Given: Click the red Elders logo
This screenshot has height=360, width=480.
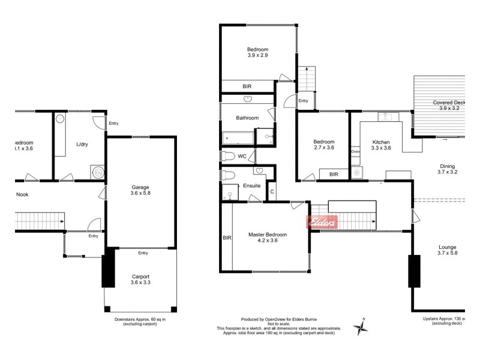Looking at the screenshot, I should click(323, 221).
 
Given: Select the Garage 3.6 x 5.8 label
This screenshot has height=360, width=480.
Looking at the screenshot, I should click(140, 191).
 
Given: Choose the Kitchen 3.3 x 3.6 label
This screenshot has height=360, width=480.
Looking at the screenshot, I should click(381, 144).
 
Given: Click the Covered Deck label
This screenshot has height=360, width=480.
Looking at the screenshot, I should click(449, 106).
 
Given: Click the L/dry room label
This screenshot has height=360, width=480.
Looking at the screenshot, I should click(83, 145).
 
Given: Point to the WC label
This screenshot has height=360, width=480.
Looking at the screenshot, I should click(242, 156).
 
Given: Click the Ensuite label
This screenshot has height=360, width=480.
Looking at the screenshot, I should click(251, 186).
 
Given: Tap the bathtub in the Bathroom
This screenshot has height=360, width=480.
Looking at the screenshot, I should click(238, 138).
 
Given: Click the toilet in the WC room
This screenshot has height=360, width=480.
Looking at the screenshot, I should click(227, 157).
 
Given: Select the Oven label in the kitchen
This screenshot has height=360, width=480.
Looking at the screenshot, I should click(355, 152).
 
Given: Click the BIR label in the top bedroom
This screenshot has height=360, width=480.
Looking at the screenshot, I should click(247, 86).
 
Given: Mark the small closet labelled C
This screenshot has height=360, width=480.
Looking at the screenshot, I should click(272, 191).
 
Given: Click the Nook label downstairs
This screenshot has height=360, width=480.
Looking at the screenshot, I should click(22, 194).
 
